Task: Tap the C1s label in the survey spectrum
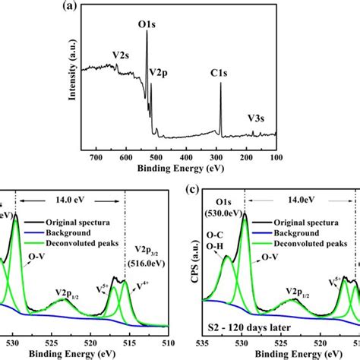click(220, 74)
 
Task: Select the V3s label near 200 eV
click(259, 118)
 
